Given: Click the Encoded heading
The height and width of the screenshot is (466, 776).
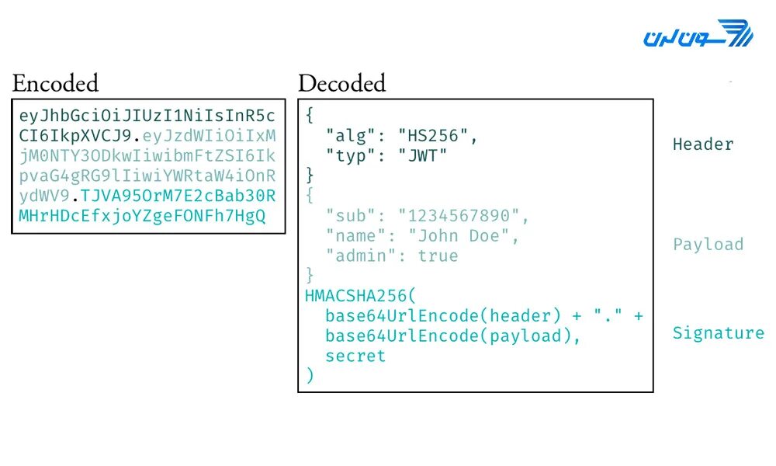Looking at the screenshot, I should (55, 83).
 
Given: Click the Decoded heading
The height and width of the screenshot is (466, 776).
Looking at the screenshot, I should (341, 83).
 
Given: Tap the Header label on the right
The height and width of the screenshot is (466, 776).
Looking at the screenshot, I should (702, 144).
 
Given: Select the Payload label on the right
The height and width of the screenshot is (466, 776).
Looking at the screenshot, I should (708, 245).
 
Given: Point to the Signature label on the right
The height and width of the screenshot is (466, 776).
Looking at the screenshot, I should (718, 333).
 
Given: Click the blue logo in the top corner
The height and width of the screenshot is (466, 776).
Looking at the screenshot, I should (698, 35).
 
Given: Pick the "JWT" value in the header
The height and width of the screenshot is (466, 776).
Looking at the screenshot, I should (422, 155).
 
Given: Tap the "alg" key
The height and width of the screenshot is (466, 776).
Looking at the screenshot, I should (346, 136).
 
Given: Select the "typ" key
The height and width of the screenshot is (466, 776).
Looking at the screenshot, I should (346, 155).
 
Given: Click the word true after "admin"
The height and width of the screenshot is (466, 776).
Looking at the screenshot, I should (438, 256).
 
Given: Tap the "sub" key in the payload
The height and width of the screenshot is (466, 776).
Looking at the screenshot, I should (346, 216).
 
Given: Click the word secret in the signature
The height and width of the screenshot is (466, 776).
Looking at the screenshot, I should (355, 356).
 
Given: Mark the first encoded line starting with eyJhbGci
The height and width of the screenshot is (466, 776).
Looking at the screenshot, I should (147, 116).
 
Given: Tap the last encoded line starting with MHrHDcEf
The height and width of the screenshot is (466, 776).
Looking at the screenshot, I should (142, 217).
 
